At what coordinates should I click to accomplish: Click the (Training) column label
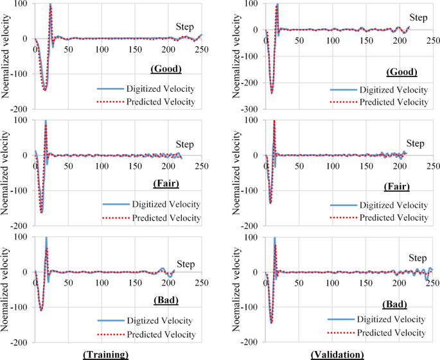click(105, 354)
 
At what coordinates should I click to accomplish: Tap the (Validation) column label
click(337, 354)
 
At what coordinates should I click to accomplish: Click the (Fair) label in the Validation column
click(396, 187)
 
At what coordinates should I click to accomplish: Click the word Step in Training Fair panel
click(185, 144)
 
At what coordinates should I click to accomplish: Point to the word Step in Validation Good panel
click(418, 17)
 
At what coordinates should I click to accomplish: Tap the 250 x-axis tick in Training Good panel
click(201, 49)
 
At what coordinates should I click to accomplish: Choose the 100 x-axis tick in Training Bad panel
click(101, 283)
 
